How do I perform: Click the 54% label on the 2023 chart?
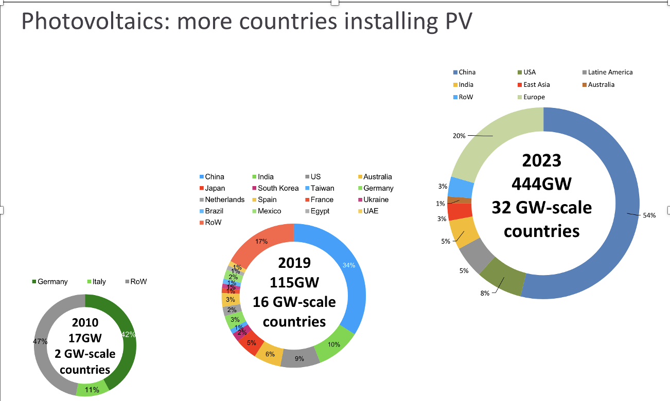pyautogui.click(x=649, y=215)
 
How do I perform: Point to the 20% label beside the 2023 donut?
pyautogui.click(x=459, y=136)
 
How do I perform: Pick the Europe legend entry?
pyautogui.click(x=534, y=97)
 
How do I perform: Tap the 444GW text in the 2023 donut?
pyautogui.click(x=541, y=184)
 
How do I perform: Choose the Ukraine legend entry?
pyautogui.click(x=375, y=199)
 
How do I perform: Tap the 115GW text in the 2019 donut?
pyautogui.click(x=294, y=282)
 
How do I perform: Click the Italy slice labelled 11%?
pyautogui.click(x=92, y=390)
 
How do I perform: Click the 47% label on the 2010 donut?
pyautogui.click(x=41, y=341)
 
